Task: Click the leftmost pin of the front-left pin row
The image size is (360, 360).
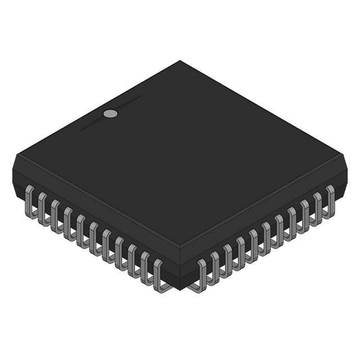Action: pyautogui.click(x=29, y=197)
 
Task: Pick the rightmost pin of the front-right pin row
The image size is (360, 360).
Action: pyautogui.click(x=330, y=196)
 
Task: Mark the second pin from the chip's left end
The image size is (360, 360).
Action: pyautogui.click(x=42, y=204)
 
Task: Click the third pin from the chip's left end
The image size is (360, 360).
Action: pyautogui.click(x=55, y=211)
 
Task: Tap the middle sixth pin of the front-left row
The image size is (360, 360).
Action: pyautogui.click(x=94, y=234)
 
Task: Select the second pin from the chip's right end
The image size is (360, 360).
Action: pyautogui.click(x=317, y=203)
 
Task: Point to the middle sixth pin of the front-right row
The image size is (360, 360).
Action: pyautogui.click(x=265, y=234)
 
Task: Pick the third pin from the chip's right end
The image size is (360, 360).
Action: pyautogui.click(x=304, y=211)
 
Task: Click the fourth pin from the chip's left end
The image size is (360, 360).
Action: pyautogui.click(x=68, y=219)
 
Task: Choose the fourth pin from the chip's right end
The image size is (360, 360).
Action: pyautogui.click(x=291, y=218)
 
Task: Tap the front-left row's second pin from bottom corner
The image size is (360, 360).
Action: pyautogui.click(x=145, y=265)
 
